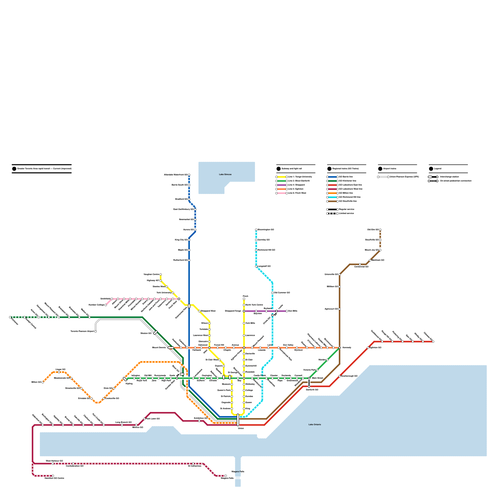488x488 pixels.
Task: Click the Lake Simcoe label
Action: pos(225,174)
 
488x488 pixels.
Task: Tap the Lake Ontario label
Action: pos(314,425)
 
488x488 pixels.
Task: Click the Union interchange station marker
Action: pos(238,420)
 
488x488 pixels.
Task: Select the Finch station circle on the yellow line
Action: pos(244,299)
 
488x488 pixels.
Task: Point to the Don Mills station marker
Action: pos(287,311)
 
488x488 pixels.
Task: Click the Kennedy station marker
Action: pos(339,348)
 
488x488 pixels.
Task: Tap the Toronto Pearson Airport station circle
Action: pos(95,332)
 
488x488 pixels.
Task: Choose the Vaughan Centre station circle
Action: pos(161,274)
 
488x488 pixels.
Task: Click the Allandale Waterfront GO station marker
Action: pos(189,175)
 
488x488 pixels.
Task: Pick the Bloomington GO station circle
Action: pos(256,230)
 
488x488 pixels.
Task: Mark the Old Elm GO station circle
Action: pos(380,230)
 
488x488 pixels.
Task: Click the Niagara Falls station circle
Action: pos(226,476)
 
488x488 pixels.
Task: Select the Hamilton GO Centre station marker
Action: pos(53,476)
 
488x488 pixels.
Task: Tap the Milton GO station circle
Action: pos(43,382)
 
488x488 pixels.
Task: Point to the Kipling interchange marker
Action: pos(125,379)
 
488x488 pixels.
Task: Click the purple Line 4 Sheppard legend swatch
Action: pos(282,185)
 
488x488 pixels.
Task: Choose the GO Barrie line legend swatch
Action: pos(332,177)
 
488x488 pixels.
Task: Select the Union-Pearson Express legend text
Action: pos(404,177)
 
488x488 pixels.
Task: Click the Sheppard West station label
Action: pos(208,311)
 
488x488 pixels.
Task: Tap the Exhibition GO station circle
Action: pos(199,421)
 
